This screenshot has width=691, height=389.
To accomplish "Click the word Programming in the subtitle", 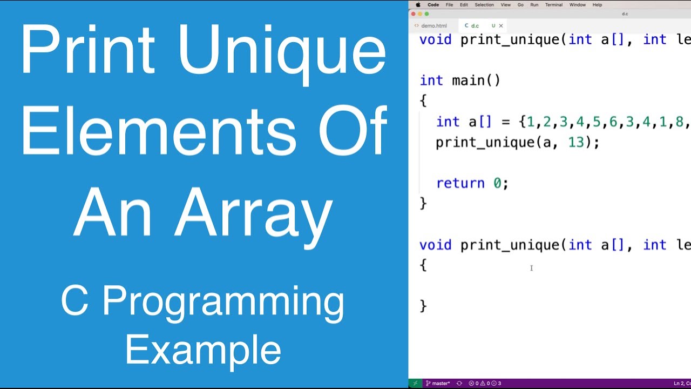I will [223, 303].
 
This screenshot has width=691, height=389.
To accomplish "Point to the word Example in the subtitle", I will [203, 350].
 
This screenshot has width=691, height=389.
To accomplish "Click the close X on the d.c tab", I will [501, 25].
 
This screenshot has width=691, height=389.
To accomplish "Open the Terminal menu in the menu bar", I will [553, 5].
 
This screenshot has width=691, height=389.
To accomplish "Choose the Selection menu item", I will [484, 5].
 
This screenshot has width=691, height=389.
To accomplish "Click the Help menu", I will [597, 5].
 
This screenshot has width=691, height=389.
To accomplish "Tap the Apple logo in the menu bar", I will [418, 5].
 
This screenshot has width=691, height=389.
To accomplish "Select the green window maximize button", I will [426, 14].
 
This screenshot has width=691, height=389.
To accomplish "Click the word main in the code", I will [468, 81].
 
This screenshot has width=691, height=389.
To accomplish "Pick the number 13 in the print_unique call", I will [577, 143].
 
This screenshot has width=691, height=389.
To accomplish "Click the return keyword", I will [460, 184].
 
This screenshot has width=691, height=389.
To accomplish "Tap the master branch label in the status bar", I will [441, 383].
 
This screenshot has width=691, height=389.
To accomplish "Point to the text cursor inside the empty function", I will [531, 268].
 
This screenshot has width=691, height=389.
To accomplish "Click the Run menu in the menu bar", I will [534, 5].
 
